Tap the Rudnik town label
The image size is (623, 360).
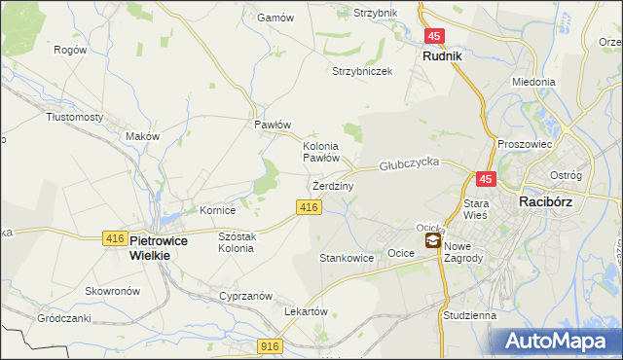coord(443,56)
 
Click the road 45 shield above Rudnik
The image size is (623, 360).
coord(434,36)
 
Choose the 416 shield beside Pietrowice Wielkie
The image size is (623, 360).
coord(114,238)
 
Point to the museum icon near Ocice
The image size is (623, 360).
coord(432,241)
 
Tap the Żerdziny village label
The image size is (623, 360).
coord(332,185)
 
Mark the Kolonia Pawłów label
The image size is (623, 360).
coord(320,151)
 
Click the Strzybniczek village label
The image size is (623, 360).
coord(362,71)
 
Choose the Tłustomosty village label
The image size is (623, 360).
coord(75,116)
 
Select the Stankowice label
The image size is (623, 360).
coord(348,259)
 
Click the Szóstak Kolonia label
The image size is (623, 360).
coord(237,242)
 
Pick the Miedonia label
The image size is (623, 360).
coord(533,83)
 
